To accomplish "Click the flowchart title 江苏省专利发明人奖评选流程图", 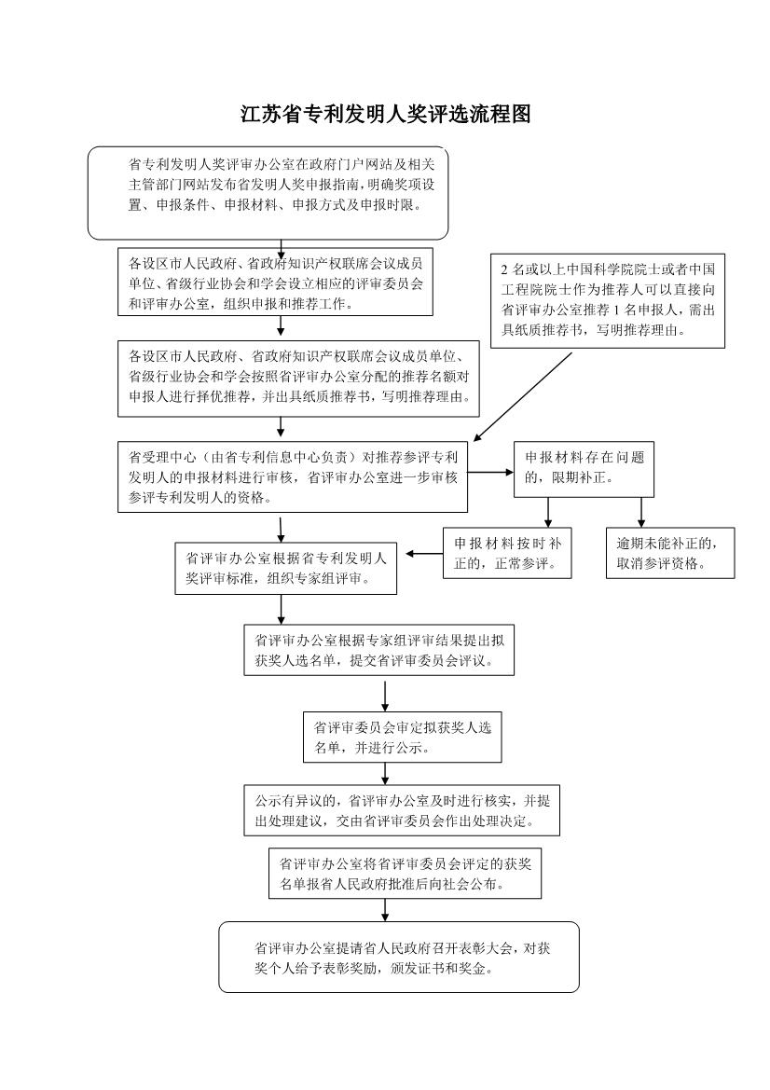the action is [386, 114].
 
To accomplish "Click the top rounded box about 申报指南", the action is [268, 193].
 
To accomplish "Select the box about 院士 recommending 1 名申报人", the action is [608, 300].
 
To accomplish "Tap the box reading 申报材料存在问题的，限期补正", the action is [584, 469].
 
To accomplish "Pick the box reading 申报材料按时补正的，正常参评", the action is [507, 553].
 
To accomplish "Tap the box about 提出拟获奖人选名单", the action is [378, 649].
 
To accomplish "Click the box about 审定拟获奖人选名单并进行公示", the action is [403, 737].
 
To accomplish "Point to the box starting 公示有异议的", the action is [402, 810].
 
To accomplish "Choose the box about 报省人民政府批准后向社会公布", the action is [405, 872].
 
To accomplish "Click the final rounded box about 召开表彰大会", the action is [399, 957].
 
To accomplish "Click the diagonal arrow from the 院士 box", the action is [522, 396].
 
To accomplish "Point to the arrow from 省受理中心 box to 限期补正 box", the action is [490, 472].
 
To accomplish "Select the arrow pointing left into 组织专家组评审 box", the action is [424, 554].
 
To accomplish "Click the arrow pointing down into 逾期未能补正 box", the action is [640, 512].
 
